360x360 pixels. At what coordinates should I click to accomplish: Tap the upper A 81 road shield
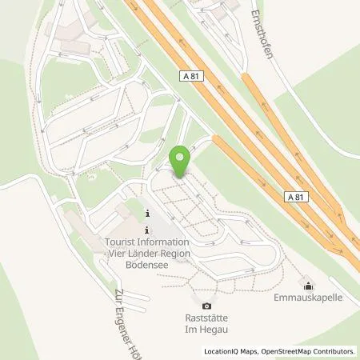pyautogui.click(x=190, y=74)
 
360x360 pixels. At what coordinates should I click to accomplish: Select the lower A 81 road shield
pyautogui.click(x=294, y=194)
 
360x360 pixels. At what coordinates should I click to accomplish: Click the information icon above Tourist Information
pyautogui.click(x=149, y=214)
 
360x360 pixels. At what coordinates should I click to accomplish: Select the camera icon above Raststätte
pyautogui.click(x=207, y=306)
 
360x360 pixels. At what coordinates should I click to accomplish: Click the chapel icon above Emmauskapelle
pyautogui.click(x=309, y=286)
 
